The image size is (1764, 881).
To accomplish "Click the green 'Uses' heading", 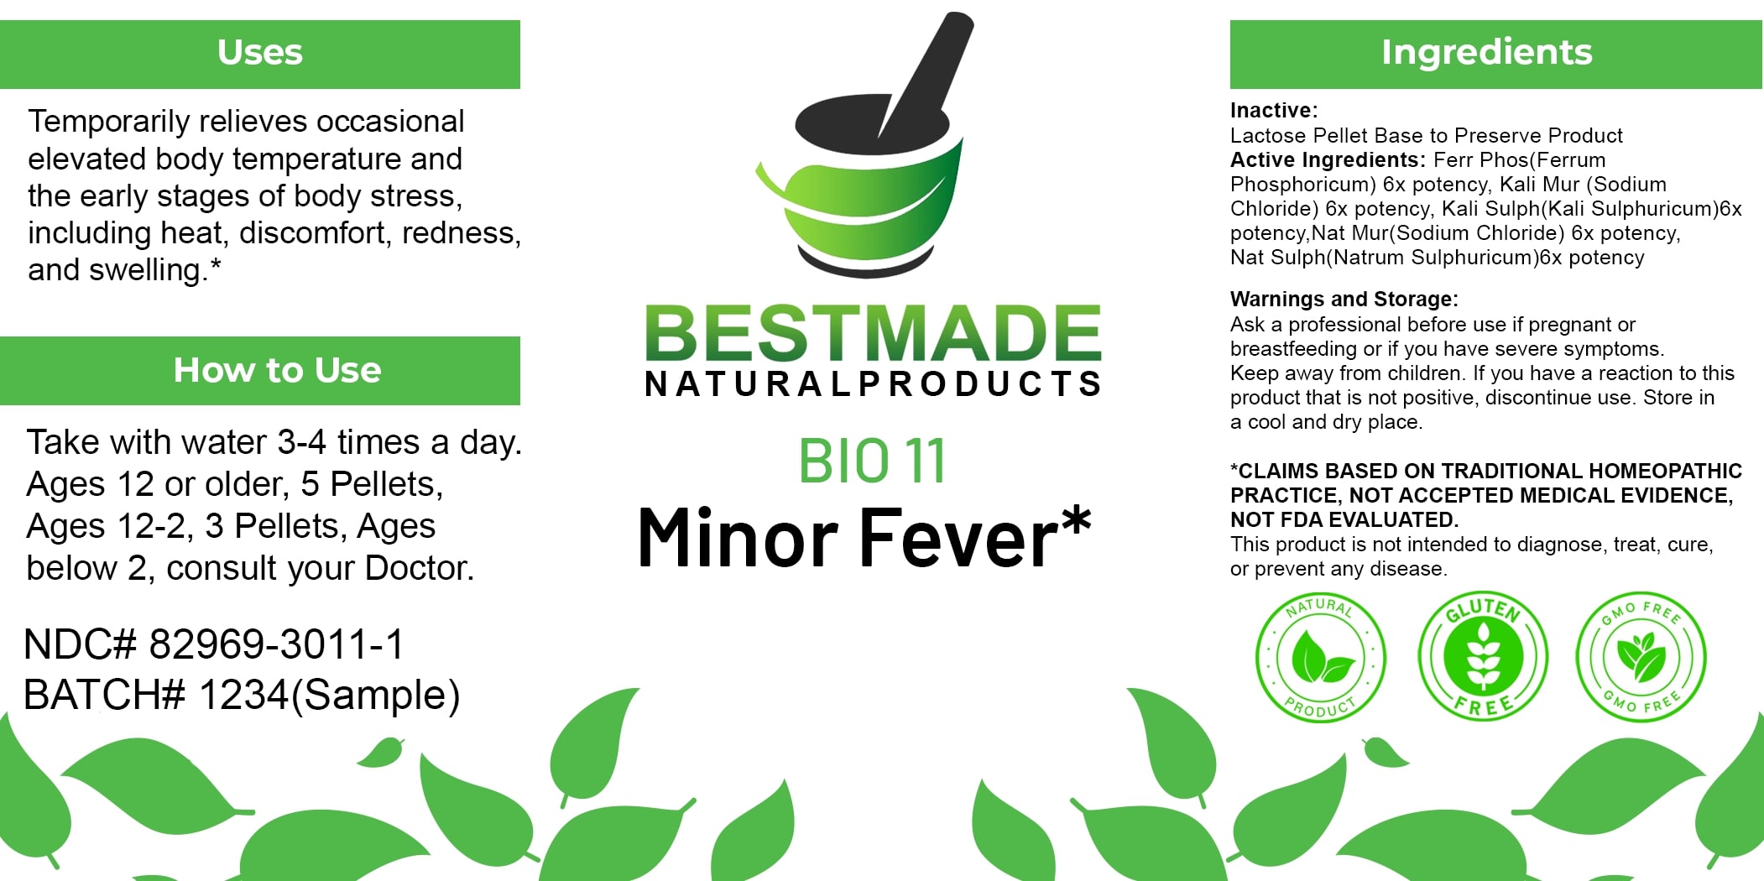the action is coord(260,52).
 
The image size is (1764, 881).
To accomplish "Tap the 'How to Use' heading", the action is coord(277,370).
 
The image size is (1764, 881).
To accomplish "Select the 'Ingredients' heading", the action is coord(1486,52).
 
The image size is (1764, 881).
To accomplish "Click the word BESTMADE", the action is coord(873,333).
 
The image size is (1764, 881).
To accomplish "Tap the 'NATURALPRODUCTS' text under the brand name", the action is coord(873,383).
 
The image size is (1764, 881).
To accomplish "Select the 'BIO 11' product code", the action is coord(872,461).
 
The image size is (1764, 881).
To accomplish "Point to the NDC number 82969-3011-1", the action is coord(276,644).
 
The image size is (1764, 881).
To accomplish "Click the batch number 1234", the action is coord(243,695).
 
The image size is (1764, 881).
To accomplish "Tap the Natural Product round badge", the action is coord(1320,657).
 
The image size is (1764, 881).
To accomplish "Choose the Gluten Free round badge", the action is coord(1483,657).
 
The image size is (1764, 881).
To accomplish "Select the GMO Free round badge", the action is coord(1641,657).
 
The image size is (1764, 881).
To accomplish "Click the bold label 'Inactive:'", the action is coord(1274,110).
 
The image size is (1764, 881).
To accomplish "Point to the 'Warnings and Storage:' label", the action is coord(1344,299).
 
